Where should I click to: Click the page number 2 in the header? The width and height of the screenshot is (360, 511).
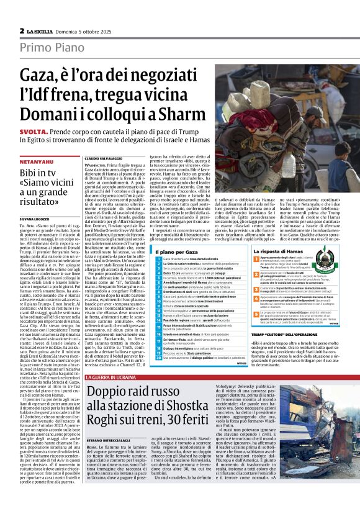(22, 30)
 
